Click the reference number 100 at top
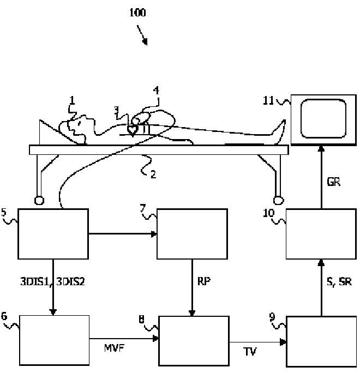click(x=137, y=13)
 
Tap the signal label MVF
click(x=114, y=348)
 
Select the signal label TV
click(x=250, y=351)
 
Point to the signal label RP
click(x=204, y=281)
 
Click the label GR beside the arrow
click(x=334, y=182)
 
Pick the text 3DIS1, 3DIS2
click(x=52, y=281)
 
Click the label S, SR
click(x=339, y=281)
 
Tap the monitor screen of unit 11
click(x=323, y=118)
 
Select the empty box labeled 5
click(x=53, y=234)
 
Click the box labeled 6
click(x=54, y=340)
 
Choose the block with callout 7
click(x=192, y=234)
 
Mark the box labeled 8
click(x=194, y=341)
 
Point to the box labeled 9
click(x=321, y=341)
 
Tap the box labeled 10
click(x=321, y=234)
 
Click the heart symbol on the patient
click(x=133, y=130)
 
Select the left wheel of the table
click(x=39, y=200)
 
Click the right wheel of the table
click(x=278, y=200)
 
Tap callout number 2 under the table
click(x=153, y=175)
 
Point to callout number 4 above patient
click(x=156, y=91)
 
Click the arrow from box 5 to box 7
click(x=123, y=234)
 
